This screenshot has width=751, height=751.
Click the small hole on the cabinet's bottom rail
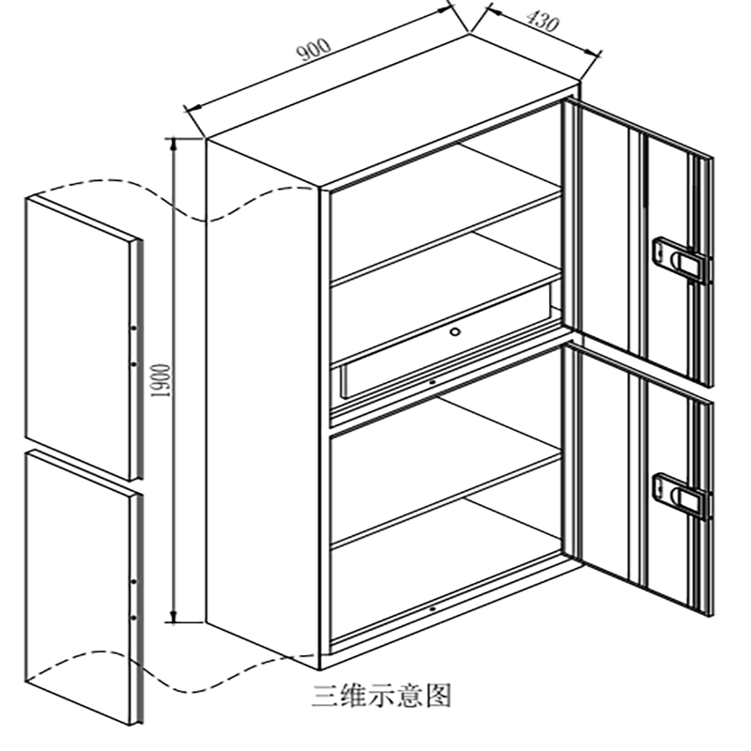coord(431,611)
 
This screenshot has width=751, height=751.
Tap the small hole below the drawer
coord(431,382)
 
